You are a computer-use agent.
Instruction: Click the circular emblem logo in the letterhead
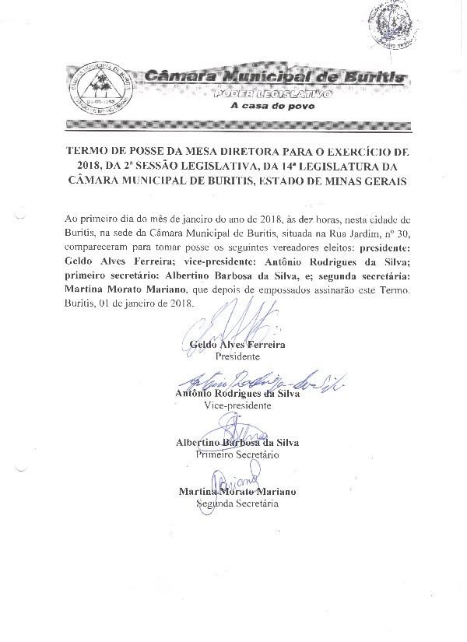coord(99,86)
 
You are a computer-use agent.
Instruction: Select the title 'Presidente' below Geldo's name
coord(237,356)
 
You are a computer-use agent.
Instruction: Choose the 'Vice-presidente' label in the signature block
coord(237,406)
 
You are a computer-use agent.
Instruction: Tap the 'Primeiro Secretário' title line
coord(237,454)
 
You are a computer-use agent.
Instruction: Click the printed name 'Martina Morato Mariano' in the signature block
coord(237,492)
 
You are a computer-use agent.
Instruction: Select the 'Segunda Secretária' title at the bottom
coord(237,503)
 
